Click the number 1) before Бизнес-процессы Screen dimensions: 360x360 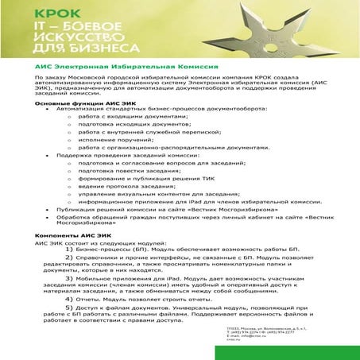(x=69, y=250)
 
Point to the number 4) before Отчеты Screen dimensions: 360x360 (x=69, y=298)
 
